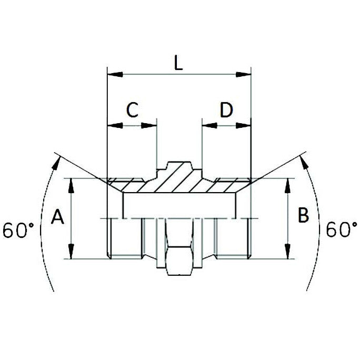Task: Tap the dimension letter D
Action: pos(226,110)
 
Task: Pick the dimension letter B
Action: pos(303,216)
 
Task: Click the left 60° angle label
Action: pos(18,231)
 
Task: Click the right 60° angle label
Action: pos(342,230)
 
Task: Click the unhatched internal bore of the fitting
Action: pos(179,205)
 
